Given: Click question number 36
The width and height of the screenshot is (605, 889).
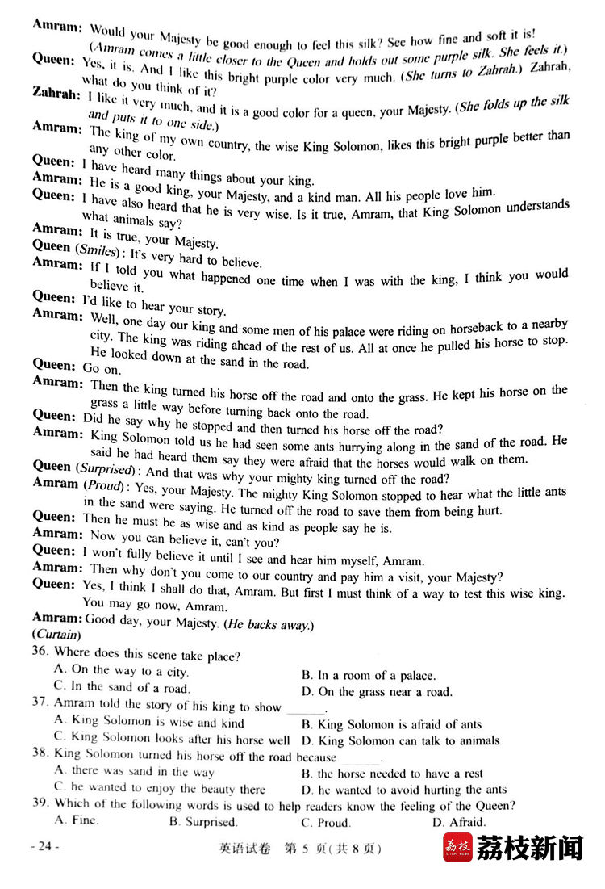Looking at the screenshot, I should [40, 655].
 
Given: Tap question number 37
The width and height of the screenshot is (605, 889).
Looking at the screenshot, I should [40, 704].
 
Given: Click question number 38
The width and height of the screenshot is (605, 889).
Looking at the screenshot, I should [40, 754].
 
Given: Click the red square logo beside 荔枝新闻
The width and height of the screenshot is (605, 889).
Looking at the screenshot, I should [457, 849].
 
